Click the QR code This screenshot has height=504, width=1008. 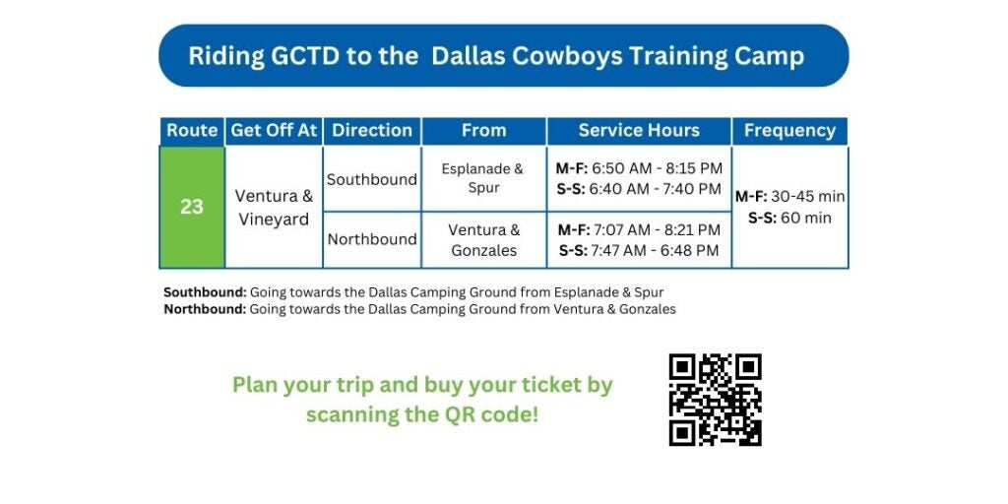coord(715,400)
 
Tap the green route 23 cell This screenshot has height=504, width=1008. coord(192,207)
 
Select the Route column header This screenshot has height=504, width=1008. coord(192,131)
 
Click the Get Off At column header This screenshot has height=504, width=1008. coord(274,131)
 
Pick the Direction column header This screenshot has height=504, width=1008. coord(372,131)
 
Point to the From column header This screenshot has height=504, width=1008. coord(484,131)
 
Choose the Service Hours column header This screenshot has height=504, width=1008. coord(639,131)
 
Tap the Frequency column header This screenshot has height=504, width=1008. coord(790,131)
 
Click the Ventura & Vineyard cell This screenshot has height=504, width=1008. coord(274,207)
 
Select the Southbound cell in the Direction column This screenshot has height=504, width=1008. coord(372,179)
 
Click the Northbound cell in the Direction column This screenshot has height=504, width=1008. coord(372,239)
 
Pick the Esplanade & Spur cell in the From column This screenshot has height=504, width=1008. coord(484,179)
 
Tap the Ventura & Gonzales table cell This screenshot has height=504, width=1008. coord(484,240)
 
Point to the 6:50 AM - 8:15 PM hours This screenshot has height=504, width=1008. coord(657,169)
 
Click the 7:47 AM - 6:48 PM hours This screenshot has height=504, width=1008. coord(655,251)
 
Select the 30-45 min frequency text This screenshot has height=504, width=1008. coord(808,197)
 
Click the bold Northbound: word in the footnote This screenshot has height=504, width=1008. coord(205,309)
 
